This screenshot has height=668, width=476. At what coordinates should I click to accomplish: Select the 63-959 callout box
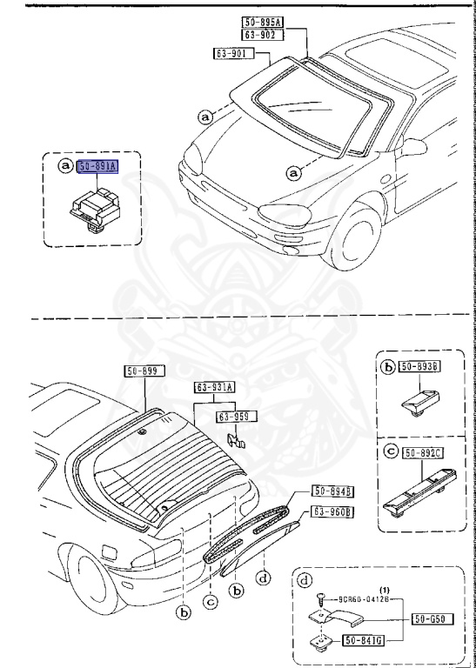[x=237, y=417]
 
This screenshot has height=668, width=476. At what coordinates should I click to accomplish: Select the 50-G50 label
[x=429, y=620]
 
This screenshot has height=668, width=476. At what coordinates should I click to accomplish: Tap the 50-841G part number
[x=365, y=642]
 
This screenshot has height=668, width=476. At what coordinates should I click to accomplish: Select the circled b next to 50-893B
[x=388, y=369]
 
